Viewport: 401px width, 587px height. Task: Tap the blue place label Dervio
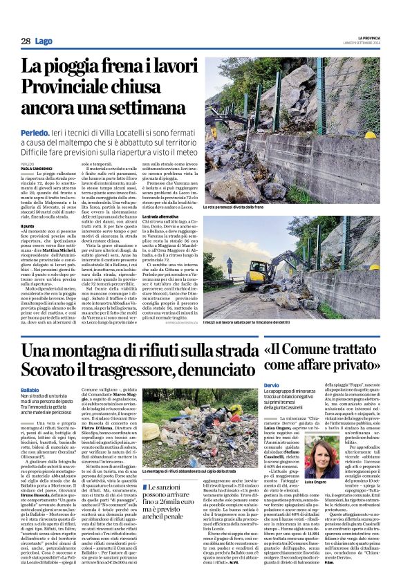click(272, 384)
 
